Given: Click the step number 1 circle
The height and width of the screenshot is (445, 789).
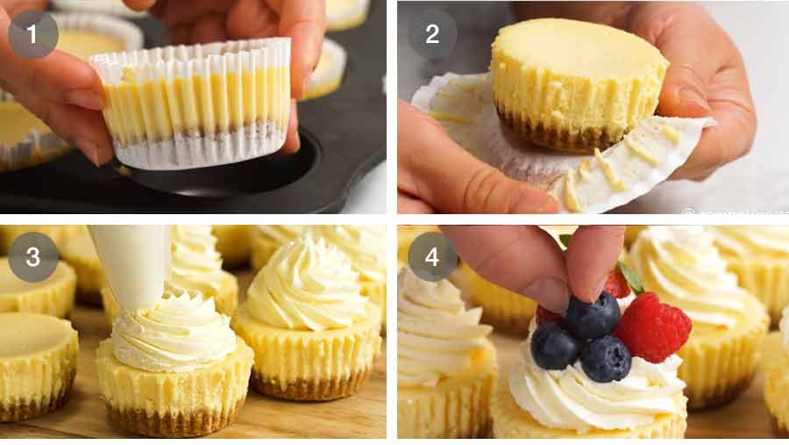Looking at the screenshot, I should click(x=33, y=34).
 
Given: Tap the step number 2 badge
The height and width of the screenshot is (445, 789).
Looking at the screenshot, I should click(x=432, y=34).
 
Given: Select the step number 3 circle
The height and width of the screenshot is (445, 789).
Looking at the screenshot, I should click(x=33, y=256).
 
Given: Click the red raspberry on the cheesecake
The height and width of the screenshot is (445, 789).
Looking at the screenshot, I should click(x=653, y=327).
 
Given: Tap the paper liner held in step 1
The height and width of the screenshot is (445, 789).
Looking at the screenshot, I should click(x=193, y=105).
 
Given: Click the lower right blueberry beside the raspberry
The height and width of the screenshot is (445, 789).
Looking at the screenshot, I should click(x=606, y=358).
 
